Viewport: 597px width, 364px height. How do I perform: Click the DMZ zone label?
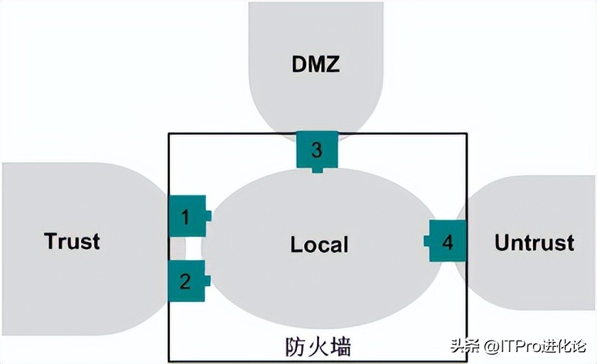(316, 64)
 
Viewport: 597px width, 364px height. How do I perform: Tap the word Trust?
(72, 241)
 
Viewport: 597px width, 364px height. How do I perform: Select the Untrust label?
(534, 242)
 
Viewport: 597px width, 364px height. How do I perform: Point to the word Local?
(319, 245)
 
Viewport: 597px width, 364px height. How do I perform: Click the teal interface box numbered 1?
(187, 215)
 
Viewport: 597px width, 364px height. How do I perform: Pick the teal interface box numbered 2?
(185, 281)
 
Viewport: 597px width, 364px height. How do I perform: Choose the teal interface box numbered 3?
(317, 149)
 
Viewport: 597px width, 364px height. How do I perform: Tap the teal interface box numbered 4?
(448, 242)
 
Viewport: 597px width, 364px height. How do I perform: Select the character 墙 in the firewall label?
(340, 346)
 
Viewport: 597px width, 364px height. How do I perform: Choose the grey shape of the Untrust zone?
(540, 284)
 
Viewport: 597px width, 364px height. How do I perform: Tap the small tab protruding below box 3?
(317, 169)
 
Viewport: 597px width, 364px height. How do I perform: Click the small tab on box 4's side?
(427, 241)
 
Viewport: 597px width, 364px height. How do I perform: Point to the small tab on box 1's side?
(208, 215)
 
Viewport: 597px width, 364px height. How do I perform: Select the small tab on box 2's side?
(208, 281)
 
